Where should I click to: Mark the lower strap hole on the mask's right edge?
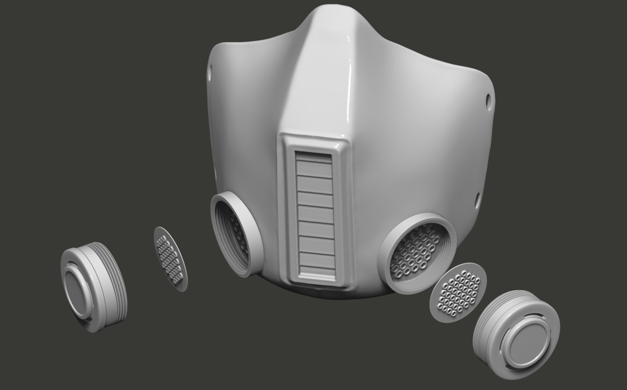point(477,198)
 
